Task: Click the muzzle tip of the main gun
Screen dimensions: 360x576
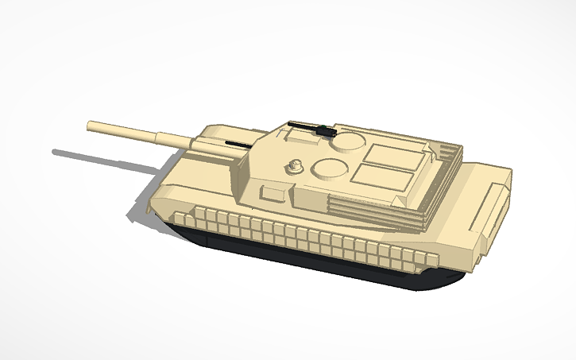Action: (x=91, y=126)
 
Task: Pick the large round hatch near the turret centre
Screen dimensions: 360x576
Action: (x=327, y=167)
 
